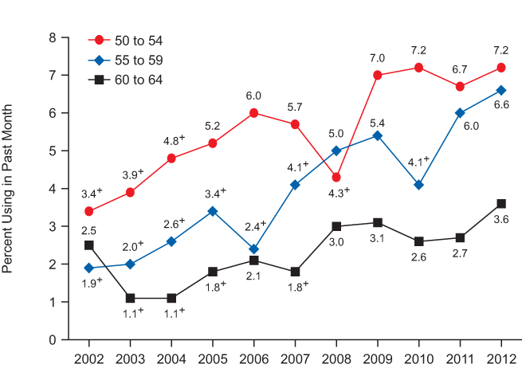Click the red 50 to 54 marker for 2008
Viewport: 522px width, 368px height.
(x=336, y=177)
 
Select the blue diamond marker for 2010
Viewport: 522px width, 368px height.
(x=418, y=185)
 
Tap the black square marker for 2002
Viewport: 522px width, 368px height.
(x=89, y=245)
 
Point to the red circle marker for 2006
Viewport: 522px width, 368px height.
(x=253, y=113)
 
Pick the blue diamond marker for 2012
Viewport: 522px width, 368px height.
(x=501, y=90)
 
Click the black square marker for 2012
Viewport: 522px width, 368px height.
(x=501, y=203)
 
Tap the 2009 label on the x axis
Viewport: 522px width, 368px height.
(x=378, y=356)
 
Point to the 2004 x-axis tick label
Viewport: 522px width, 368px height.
(x=171, y=356)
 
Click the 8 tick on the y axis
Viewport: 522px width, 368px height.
(x=53, y=37)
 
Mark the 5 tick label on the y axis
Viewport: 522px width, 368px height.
(x=53, y=151)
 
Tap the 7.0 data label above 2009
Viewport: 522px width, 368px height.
(x=378, y=58)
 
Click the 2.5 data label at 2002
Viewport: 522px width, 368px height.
(x=88, y=229)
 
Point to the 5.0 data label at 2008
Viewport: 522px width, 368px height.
(x=336, y=134)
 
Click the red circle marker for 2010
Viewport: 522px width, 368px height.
(x=418, y=68)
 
